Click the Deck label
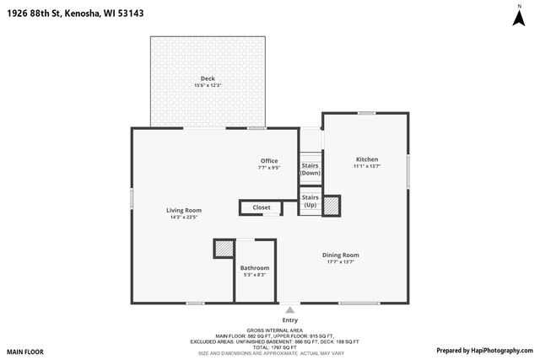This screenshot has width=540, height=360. pos(208,78)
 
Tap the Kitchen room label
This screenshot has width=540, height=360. pos(367,159)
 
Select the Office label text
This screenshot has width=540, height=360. pos(269,161)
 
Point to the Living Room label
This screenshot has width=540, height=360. pos(183,210)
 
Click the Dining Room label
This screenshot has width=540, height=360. pos(341,255)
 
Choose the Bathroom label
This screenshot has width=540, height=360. pos(255,268)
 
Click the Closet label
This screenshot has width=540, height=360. pos(262,207)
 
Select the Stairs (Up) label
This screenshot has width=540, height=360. pos(310,201)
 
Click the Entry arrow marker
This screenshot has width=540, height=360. pos(290,309)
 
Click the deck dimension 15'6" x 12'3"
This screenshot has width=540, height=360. pos(208,86)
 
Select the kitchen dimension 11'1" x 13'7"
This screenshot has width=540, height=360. pos(367,167)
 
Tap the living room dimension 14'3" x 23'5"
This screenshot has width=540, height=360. pos(183,218)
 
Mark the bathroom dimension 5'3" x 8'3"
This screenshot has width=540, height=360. pos(255,276)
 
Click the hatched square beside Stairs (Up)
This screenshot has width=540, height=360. pos(332,204)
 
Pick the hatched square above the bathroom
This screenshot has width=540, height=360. pos(224,249)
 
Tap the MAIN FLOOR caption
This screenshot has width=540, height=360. pos(25,352)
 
